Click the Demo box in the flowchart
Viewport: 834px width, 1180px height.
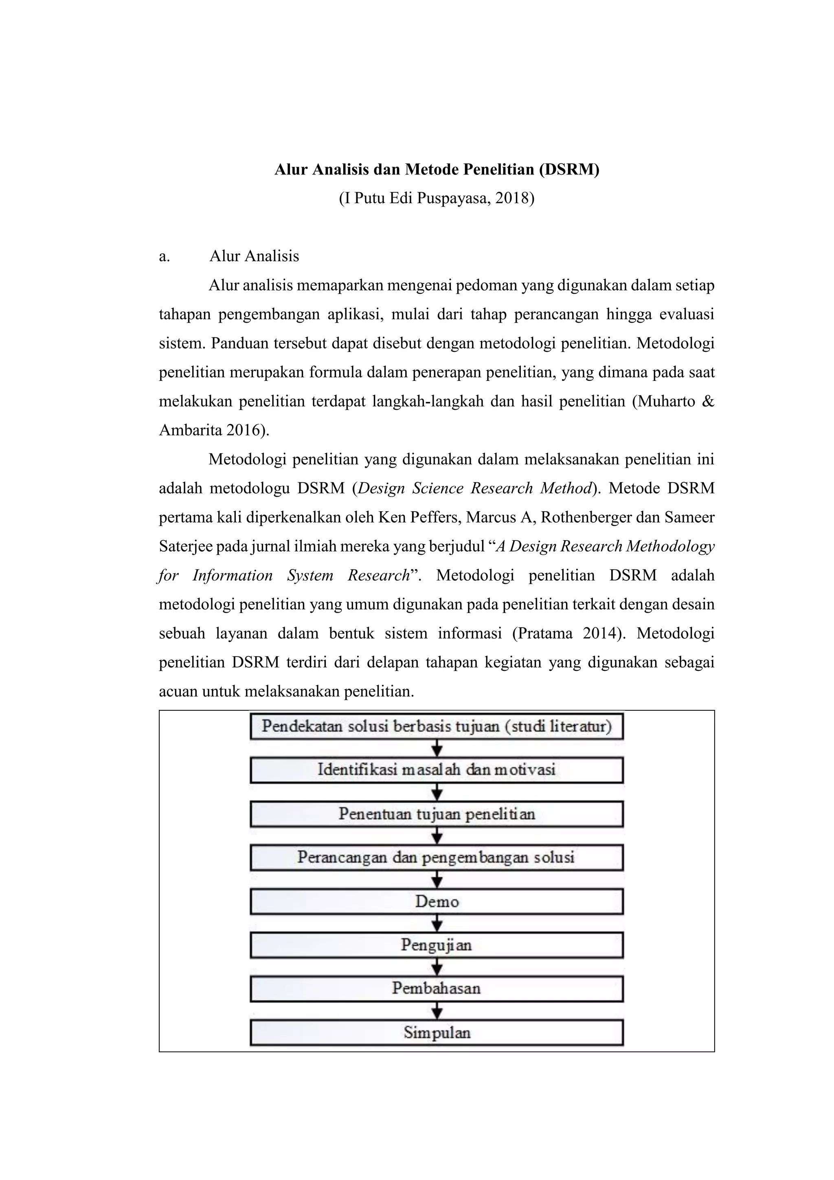[437, 901]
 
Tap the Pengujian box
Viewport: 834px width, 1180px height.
[437, 945]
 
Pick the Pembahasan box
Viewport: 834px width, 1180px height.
[437, 988]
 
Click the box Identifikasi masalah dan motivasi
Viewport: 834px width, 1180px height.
[437, 770]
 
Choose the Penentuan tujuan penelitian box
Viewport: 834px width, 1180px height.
[437, 814]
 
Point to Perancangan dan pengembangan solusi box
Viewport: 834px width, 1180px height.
[437, 857]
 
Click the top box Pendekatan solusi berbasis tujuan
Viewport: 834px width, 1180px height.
[437, 726]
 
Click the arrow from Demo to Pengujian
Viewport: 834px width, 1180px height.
[437, 923]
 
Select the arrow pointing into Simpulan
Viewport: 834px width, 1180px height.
[437, 1011]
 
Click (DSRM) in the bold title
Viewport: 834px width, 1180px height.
[569, 169]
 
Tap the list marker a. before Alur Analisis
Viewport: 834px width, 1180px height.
[165, 256]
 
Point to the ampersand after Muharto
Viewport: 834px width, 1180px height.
[708, 401]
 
